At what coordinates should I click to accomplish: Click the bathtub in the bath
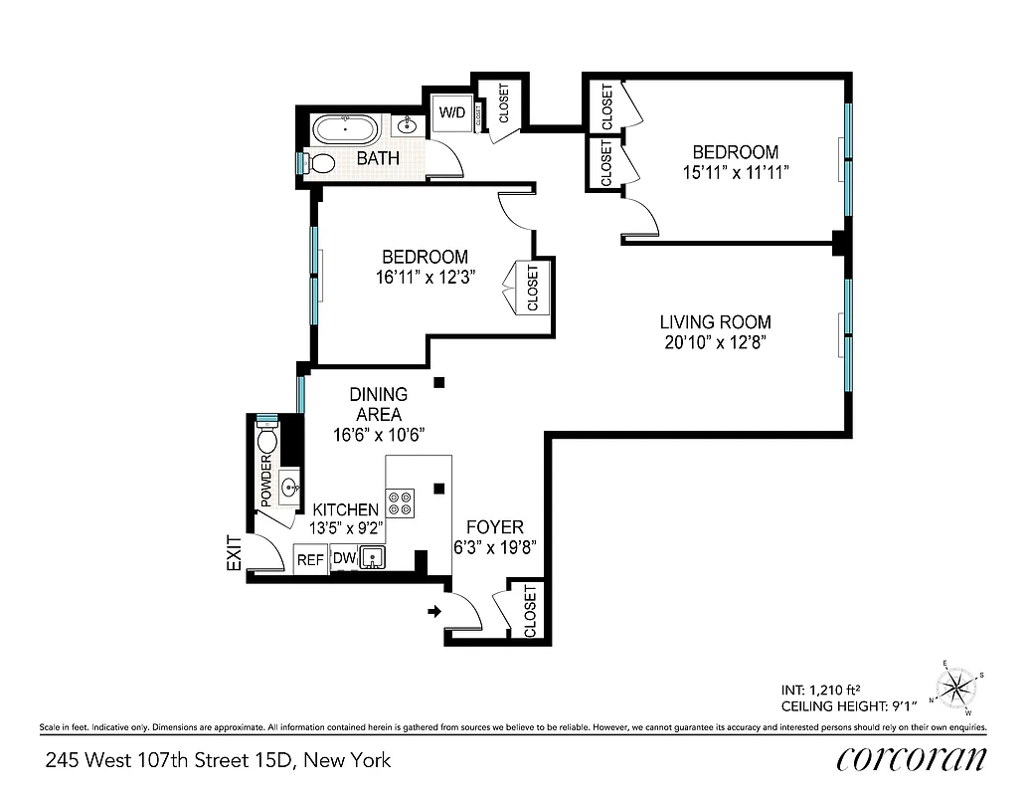[x=345, y=129]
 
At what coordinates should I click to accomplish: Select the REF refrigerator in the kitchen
[x=310, y=560]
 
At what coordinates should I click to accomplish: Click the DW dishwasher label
[x=342, y=559]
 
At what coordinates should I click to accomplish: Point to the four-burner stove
[x=401, y=503]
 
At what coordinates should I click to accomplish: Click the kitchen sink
[x=373, y=558]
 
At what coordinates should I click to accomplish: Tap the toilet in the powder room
[x=266, y=439]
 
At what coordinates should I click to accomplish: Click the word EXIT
[x=235, y=553]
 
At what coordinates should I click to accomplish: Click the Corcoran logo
[x=913, y=759]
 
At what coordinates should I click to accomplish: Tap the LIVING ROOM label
[x=715, y=322]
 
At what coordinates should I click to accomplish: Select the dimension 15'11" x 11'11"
[x=735, y=171]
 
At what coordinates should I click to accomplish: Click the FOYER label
[x=494, y=527]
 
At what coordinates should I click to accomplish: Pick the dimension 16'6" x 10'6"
[x=379, y=434]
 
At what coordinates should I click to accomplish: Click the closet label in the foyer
[x=530, y=610]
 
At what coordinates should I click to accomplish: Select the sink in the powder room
[x=288, y=488]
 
